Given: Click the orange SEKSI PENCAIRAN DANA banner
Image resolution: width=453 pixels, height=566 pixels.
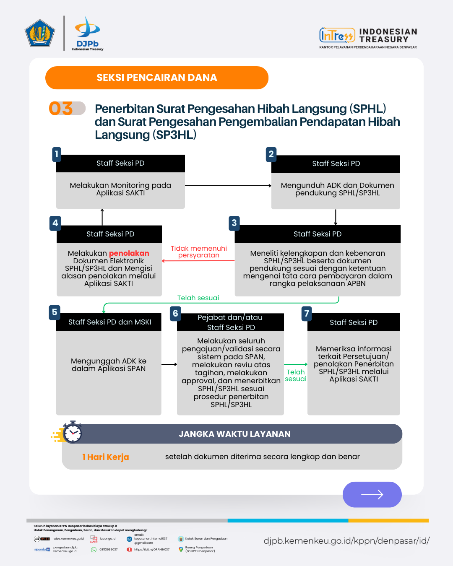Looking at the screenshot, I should tap(157, 78).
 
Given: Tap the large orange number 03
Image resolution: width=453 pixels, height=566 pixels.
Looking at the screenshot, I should tap(61, 109).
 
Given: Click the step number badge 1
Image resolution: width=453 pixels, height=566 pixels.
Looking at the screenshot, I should tap(57, 154).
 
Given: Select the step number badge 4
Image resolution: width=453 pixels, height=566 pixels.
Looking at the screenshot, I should tap(55, 223).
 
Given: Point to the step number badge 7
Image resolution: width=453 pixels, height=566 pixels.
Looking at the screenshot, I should tap(307, 313).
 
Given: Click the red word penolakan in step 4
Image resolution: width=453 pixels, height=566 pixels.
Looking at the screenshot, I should tap(129, 253).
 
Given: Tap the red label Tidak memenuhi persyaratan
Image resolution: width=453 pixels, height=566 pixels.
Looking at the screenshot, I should tap(199, 252).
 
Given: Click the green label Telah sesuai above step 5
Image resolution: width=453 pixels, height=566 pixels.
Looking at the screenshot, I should tap(198, 298).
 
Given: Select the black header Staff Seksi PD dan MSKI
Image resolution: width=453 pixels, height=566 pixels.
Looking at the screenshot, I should tap(109, 322).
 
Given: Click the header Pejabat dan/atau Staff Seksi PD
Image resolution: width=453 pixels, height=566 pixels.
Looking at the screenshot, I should tap(230, 322).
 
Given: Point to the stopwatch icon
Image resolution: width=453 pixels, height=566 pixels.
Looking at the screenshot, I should tap(72, 432).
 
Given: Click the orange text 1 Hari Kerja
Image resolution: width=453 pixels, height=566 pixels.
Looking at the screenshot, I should tap(106, 457).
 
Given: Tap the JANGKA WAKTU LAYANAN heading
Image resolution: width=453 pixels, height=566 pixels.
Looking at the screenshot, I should tap(234, 434).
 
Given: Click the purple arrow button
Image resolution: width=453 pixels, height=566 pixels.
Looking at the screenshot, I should tap(372, 495).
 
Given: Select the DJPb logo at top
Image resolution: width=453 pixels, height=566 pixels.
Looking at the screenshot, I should tap(87, 34).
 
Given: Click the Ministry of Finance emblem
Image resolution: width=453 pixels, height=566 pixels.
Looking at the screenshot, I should tap(40, 33).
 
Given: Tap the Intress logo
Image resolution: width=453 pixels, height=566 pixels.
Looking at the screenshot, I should tap(336, 35).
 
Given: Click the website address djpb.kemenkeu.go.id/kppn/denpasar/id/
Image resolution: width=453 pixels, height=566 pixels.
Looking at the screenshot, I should tap(346, 541).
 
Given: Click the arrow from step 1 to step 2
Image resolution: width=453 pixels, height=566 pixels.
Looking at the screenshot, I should tap(228, 186).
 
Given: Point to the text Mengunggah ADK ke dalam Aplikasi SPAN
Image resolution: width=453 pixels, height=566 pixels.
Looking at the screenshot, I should tap(109, 365).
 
